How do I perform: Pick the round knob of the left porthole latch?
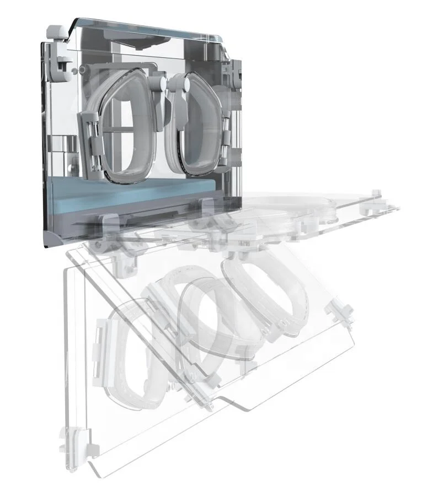coord(161,82)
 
